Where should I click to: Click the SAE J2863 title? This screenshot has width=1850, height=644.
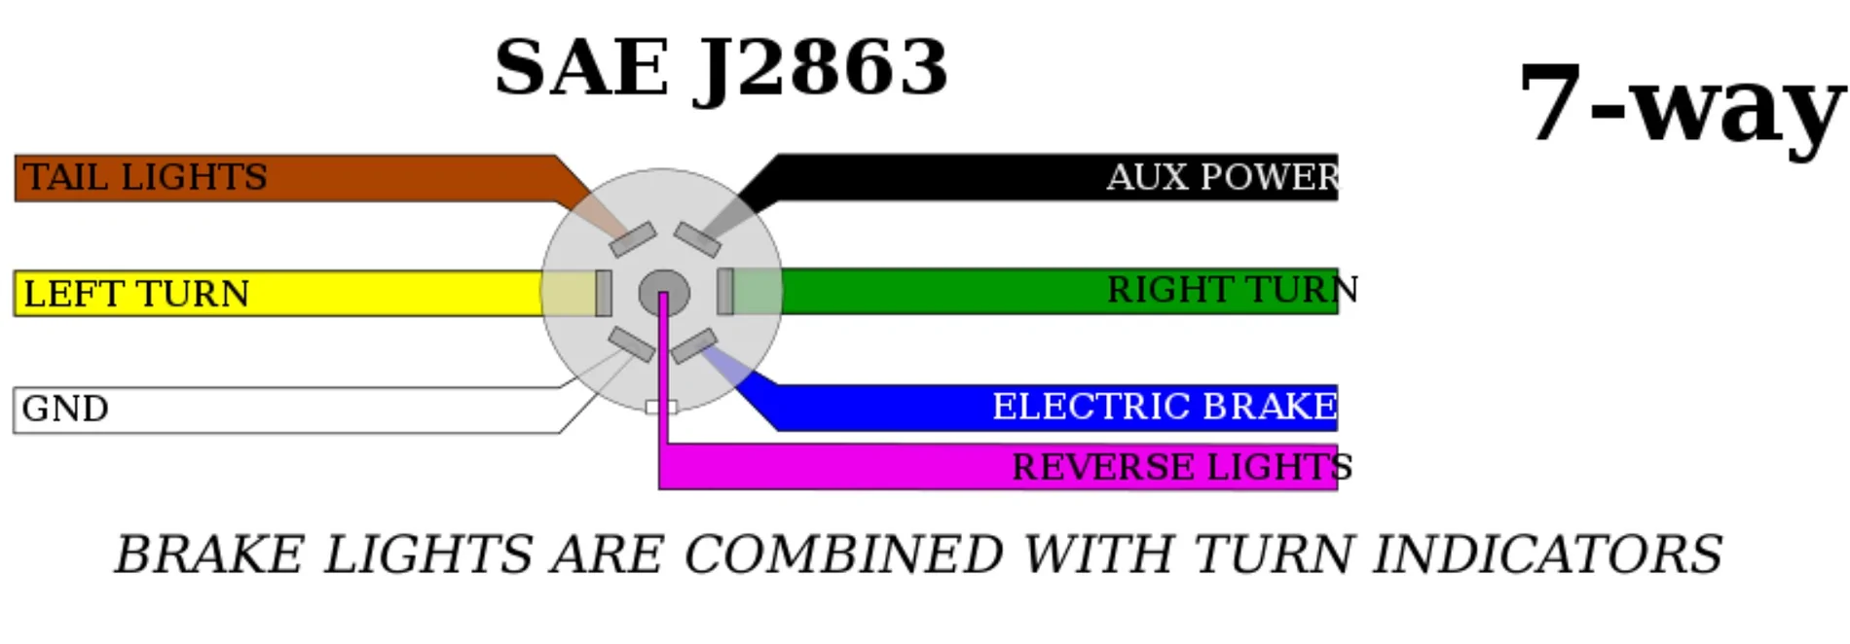coord(721,68)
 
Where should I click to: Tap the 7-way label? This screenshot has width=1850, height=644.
coord(1682,102)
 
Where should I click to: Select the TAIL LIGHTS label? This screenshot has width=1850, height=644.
coord(145,177)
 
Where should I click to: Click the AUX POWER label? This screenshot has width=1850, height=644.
coord(1223,177)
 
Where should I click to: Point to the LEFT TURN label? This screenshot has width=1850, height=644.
coord(136,294)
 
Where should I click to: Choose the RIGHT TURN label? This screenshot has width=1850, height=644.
coord(1232,290)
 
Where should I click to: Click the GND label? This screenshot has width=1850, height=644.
coord(65,409)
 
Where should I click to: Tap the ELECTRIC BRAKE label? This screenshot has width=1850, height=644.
coord(1165,407)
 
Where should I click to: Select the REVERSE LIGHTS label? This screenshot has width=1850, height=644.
coord(1182,467)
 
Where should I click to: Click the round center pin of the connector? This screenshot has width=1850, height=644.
coord(664,292)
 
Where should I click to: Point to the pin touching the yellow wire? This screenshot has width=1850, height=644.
coord(604,293)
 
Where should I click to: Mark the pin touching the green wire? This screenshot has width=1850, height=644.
coord(725,291)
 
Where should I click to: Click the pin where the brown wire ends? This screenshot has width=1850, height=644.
coord(633,239)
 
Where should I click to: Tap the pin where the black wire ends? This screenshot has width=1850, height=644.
coord(697,239)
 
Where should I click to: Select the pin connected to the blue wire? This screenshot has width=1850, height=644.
coord(694,346)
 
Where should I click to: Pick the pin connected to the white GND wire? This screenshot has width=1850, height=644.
coord(632,344)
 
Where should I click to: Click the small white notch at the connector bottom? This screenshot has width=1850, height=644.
coord(661,407)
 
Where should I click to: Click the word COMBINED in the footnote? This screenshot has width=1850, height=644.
coord(843,555)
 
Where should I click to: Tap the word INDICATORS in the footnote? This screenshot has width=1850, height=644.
coord(1547,555)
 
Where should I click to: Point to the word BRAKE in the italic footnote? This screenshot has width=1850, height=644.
coord(209,555)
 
